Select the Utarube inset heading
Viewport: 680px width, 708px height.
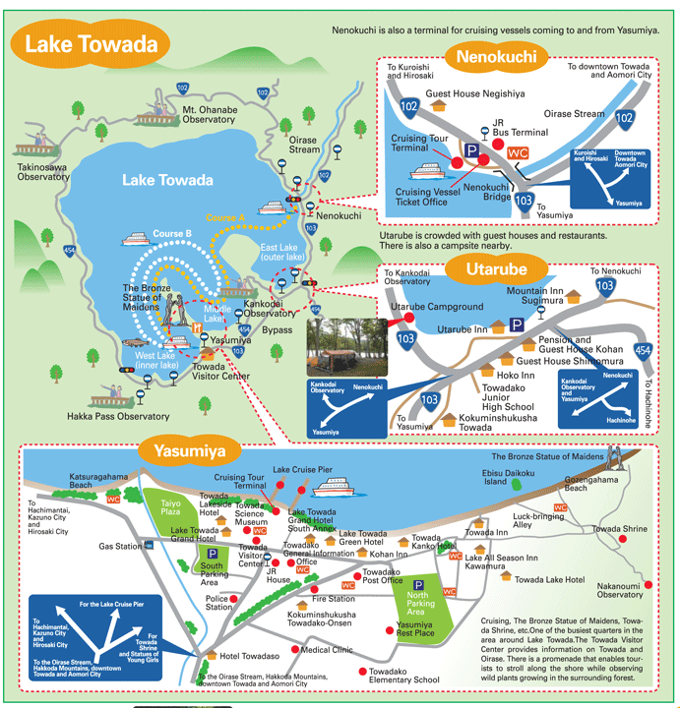490,268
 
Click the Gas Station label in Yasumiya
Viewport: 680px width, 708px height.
120,546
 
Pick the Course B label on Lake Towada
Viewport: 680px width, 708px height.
171,234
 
